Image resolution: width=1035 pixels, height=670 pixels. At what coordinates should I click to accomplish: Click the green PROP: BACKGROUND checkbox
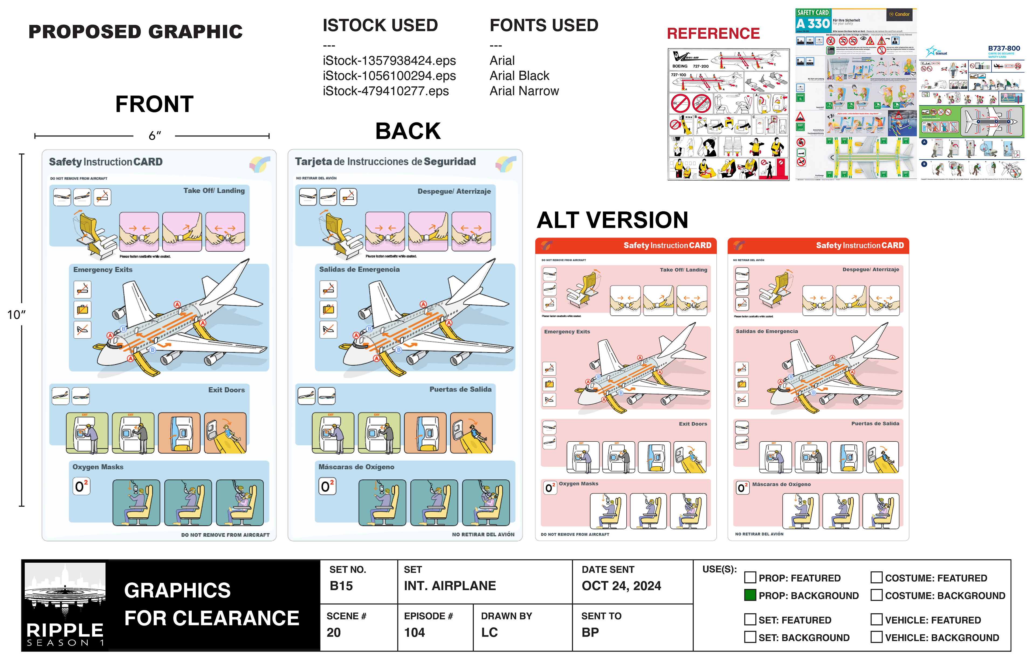(750, 595)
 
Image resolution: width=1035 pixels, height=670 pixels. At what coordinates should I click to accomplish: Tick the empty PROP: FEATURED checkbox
(750, 577)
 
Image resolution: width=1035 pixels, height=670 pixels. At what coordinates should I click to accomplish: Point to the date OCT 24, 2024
(621, 586)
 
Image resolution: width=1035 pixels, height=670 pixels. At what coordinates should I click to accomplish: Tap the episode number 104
(415, 632)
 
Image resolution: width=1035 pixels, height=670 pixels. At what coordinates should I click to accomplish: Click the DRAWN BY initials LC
(489, 632)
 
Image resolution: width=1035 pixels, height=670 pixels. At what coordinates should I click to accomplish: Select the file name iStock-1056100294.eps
(389, 76)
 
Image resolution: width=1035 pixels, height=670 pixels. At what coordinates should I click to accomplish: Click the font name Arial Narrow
(524, 91)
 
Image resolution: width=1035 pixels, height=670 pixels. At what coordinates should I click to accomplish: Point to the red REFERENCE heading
(713, 33)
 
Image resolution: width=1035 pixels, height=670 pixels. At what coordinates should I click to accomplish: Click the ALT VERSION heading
(612, 220)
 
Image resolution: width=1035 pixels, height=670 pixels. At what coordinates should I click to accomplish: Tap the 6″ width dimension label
(155, 136)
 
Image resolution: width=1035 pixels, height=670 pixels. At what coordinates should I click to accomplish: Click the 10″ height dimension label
(16, 315)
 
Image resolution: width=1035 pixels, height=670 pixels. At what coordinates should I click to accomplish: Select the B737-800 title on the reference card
(1004, 48)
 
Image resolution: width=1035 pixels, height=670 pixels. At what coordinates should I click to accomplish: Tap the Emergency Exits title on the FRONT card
(103, 270)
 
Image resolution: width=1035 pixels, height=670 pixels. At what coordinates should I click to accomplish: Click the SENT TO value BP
(590, 632)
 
